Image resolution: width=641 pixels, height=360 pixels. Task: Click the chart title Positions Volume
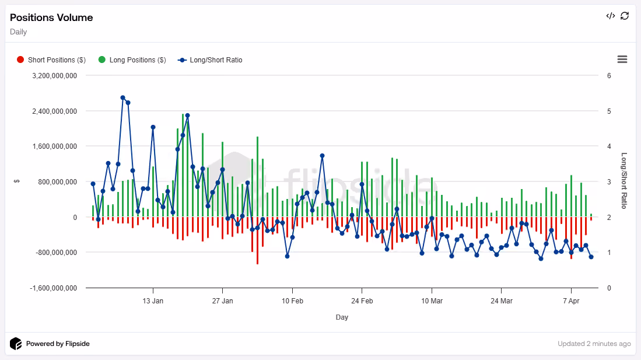click(x=51, y=18)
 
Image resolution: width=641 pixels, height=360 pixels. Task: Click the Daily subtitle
click(x=19, y=32)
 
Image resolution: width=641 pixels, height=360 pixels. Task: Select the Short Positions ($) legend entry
click(x=51, y=60)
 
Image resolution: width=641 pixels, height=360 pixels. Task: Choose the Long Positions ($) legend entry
click(x=132, y=60)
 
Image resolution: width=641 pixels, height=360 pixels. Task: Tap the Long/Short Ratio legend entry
click(x=210, y=60)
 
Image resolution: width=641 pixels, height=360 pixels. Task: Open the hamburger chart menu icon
click(x=622, y=60)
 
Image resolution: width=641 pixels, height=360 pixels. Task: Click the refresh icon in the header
click(x=625, y=16)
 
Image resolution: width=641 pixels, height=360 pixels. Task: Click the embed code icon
click(x=610, y=16)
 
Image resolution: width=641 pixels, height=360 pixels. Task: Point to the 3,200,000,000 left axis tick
click(x=55, y=76)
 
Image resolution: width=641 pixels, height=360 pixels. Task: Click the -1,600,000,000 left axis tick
click(x=53, y=288)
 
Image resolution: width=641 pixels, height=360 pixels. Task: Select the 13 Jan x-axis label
click(x=153, y=301)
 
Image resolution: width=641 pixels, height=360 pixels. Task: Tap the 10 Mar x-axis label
click(x=432, y=301)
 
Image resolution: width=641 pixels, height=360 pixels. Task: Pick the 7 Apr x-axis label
click(x=571, y=301)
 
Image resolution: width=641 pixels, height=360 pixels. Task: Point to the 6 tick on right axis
click(x=609, y=76)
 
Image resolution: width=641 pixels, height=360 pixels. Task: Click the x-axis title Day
click(x=342, y=317)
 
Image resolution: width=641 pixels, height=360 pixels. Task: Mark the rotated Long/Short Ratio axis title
click(x=624, y=180)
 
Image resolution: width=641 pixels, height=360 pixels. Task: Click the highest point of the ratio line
click(x=123, y=98)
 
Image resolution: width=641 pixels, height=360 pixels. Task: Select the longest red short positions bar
click(x=258, y=240)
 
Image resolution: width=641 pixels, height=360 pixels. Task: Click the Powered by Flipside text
click(x=58, y=344)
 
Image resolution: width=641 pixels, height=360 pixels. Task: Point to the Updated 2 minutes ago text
click(x=594, y=344)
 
